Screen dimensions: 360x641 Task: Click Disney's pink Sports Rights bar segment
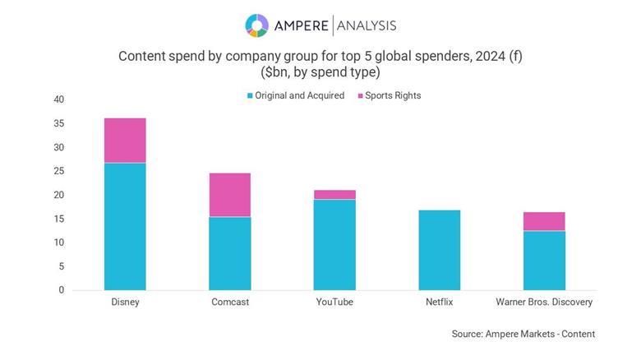125,141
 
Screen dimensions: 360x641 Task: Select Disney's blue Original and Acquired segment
125,226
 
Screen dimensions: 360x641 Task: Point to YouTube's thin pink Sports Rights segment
334,195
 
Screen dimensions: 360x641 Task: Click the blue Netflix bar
439,250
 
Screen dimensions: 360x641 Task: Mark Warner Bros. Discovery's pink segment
544,221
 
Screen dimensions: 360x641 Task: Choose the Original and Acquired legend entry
295,95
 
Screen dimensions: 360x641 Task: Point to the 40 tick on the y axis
58,100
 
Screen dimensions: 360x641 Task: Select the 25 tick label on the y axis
58,172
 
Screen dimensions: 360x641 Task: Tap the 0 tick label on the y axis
61,290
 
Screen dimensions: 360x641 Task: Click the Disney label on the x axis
125,302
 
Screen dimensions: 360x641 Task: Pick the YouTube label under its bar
334,302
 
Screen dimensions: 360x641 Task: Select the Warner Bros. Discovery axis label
544,302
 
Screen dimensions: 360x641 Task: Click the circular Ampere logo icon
257,25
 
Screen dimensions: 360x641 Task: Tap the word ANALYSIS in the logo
366,25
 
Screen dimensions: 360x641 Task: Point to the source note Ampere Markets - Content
523,334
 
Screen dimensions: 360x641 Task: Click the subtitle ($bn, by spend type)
320,72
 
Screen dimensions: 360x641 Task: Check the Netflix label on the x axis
439,302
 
